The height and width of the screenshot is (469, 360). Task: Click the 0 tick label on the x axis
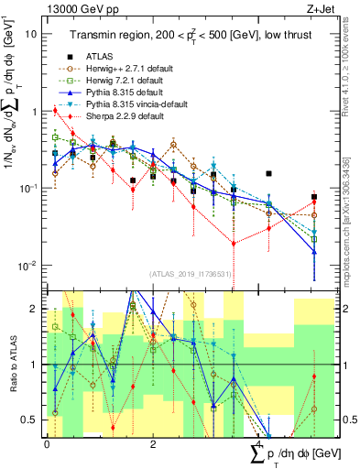pos(47,443)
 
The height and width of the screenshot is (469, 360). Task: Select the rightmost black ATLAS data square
pos(314,197)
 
